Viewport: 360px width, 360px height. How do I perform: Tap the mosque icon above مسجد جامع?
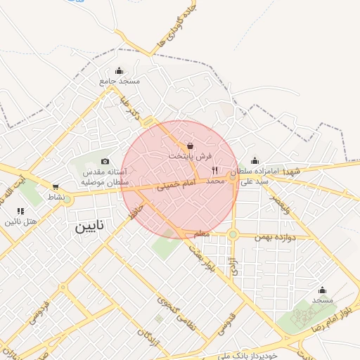pyautogui.click(x=119, y=70)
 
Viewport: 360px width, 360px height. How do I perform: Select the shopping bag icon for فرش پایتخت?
pyautogui.click(x=191, y=146)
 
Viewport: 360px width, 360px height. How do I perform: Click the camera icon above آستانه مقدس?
pyautogui.click(x=105, y=161)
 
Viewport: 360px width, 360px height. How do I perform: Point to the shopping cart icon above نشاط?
pyautogui.click(x=56, y=187)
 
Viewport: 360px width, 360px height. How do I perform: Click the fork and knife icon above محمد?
pyautogui.click(x=215, y=170)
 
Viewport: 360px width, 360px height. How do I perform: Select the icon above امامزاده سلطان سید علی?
pyautogui.click(x=254, y=160)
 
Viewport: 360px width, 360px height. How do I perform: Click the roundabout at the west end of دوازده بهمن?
pyautogui.click(x=233, y=234)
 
